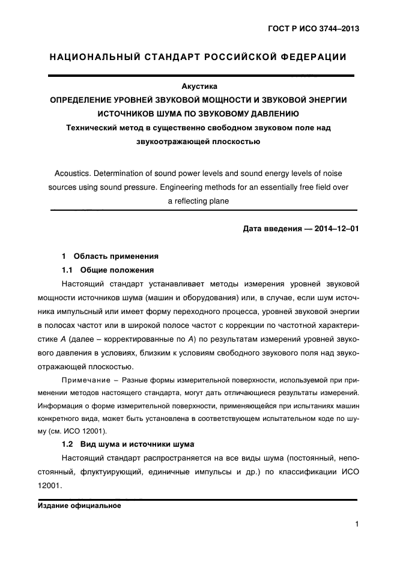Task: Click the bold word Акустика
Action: (x=199, y=86)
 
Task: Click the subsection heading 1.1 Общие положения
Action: (x=108, y=270)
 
